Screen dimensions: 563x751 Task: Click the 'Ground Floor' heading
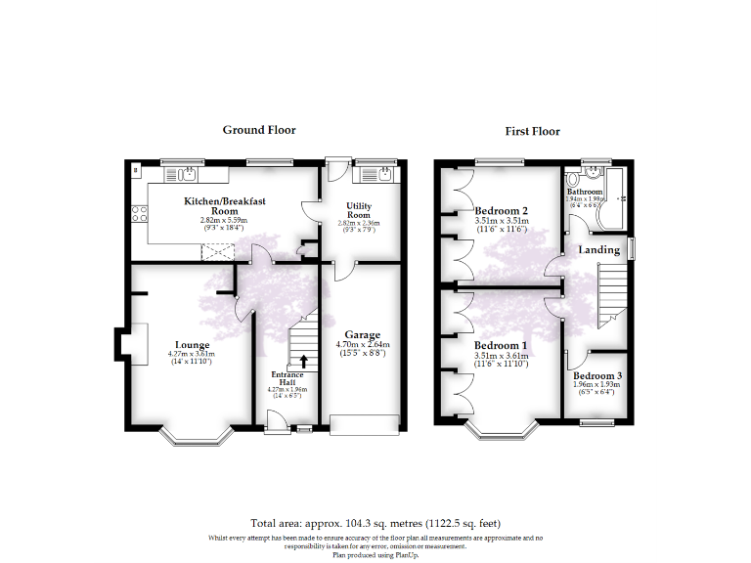point(259,130)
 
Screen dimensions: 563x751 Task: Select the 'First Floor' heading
point(532,131)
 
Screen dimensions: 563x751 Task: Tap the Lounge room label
point(193,344)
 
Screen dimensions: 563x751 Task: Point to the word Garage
point(362,335)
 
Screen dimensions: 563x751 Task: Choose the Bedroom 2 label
point(501,211)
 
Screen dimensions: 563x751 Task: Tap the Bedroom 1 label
point(501,346)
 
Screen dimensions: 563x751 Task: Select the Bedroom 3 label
point(596,376)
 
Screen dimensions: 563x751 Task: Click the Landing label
point(598,250)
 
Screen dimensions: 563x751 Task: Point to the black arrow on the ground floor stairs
point(303,362)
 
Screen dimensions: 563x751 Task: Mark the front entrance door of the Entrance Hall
point(277,420)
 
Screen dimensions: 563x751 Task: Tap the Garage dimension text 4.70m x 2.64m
point(363,345)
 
